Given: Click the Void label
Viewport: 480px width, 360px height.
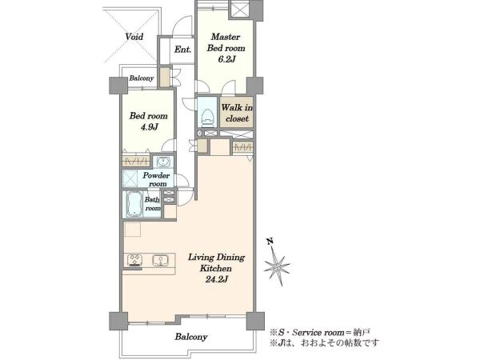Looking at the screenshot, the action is coord(134,37).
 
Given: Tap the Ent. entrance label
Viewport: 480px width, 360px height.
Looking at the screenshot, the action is coord(182,50).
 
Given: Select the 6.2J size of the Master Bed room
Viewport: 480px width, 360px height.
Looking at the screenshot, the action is coord(226,59).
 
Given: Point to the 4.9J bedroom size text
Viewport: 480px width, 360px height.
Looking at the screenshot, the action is coord(149,126).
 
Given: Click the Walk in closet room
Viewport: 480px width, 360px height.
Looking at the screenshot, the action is coord(237,112).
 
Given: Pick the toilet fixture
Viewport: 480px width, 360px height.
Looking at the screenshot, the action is coord(207,117).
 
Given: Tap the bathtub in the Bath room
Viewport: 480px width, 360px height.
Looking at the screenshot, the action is coord(133,204).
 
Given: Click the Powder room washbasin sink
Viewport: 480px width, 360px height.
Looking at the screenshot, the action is coord(163,161).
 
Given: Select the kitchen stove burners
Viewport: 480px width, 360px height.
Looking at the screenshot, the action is coord(134,261).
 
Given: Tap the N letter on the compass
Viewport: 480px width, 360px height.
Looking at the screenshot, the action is coord(270,242).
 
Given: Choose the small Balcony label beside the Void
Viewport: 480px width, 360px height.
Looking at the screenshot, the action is coord(141,78).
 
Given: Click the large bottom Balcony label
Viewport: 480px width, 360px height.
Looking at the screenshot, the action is coord(191,337).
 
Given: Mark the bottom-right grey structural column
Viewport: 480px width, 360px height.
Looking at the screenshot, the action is coord(255,321).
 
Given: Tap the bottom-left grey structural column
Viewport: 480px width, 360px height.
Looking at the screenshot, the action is coord(118,321).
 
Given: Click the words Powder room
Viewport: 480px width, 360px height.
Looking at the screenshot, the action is coord(156,180).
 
